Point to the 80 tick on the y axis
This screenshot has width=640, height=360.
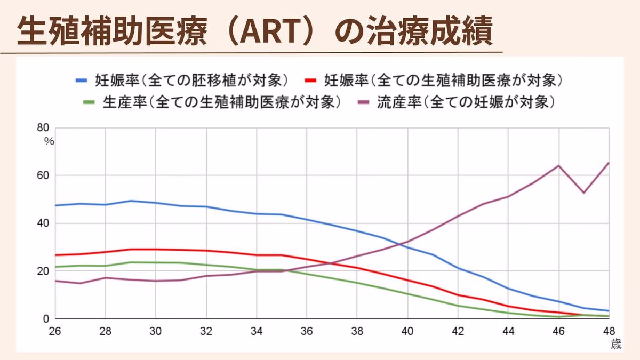[x=43, y=127]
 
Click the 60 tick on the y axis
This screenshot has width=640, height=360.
[x=43, y=175]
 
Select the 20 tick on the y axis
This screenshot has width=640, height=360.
[x=43, y=271]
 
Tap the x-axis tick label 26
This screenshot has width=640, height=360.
[x=54, y=330]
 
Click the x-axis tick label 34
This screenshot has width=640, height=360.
[x=256, y=330]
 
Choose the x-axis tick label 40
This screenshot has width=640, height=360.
[x=407, y=330]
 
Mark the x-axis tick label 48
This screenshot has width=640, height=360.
[x=609, y=330]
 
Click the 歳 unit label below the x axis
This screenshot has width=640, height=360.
[x=616, y=345]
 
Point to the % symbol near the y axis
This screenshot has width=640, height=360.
[x=49, y=141]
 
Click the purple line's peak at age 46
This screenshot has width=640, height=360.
[x=558, y=165]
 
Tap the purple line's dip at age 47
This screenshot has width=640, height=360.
[x=583, y=193]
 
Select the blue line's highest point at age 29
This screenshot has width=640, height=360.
[x=131, y=201]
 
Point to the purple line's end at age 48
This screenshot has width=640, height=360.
[x=609, y=163]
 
